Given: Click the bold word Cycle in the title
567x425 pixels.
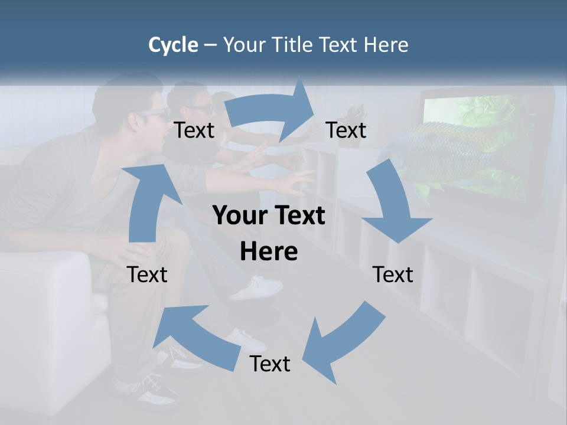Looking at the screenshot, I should [173, 45].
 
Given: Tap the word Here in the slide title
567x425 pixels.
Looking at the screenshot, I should [386, 45].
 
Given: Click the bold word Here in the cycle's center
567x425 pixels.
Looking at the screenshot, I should [269, 252].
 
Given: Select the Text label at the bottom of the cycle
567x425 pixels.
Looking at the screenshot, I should [270, 364].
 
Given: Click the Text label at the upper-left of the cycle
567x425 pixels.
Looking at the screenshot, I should [194, 130].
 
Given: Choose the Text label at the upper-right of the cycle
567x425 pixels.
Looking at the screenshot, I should [346, 130].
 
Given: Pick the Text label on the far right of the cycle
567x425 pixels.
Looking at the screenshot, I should [393, 274].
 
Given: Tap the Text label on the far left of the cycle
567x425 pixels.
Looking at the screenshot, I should [147, 274].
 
